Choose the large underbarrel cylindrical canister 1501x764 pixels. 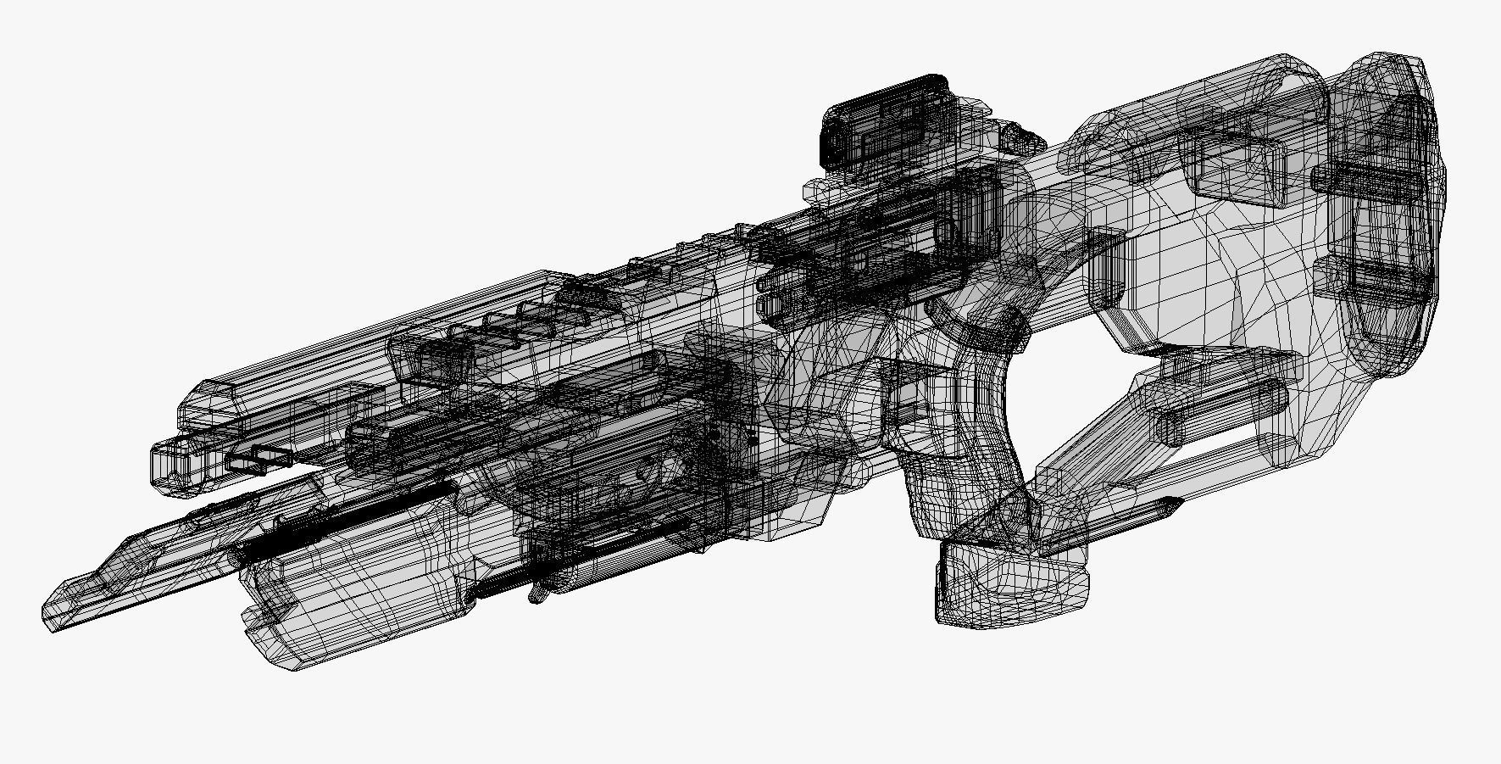(x=356, y=585)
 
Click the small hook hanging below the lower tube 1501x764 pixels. (x=536, y=594)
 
